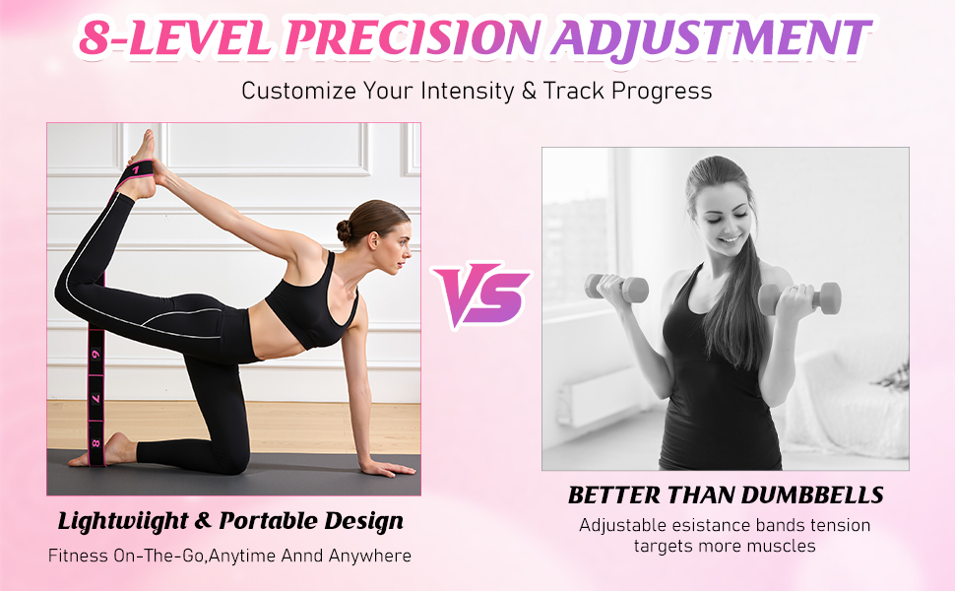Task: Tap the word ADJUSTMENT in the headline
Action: pyautogui.click(x=712, y=38)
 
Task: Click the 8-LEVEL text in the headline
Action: pyautogui.click(x=175, y=38)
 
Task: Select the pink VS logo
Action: pyautogui.click(x=481, y=295)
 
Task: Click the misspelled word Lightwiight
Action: pyautogui.click(x=122, y=522)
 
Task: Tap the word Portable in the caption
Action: pyautogui.click(x=269, y=521)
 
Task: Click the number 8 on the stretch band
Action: pyautogui.click(x=95, y=443)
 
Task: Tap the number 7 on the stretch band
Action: pyautogui.click(x=95, y=399)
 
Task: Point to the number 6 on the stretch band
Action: pyautogui.click(x=95, y=354)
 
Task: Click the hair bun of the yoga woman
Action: pyautogui.click(x=345, y=230)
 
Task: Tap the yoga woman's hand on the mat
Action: pyautogui.click(x=389, y=468)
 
